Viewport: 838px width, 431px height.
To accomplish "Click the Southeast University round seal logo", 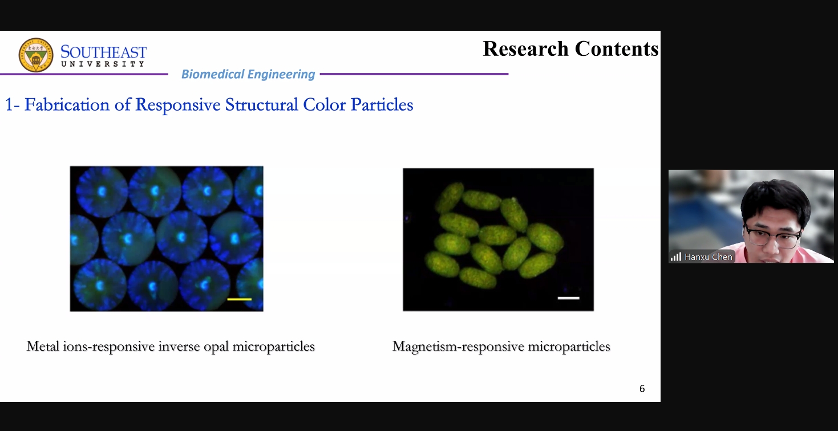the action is point(36,55).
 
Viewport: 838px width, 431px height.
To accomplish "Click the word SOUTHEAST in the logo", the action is point(104,52).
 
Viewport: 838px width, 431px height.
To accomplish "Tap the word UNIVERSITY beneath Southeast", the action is point(103,64).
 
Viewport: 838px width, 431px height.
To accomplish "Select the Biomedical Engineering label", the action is point(248,74).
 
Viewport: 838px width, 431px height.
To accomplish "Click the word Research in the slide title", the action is point(525,48).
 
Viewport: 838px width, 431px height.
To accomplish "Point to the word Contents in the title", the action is point(617,48).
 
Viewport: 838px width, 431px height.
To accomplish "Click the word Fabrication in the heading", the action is point(67,104).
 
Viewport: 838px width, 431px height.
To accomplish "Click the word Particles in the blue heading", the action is point(382,104).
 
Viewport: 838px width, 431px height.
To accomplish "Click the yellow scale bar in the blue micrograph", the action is point(240,299).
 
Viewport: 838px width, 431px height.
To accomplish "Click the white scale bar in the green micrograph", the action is point(568,298).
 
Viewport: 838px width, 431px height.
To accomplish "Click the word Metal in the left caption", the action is point(43,346).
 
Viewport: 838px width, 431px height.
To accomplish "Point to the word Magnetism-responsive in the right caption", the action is point(458,347).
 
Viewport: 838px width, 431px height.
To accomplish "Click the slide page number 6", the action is point(642,389).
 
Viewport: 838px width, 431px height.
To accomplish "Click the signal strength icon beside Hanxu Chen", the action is point(675,257).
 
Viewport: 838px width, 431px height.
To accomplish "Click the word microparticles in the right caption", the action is point(569,347).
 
